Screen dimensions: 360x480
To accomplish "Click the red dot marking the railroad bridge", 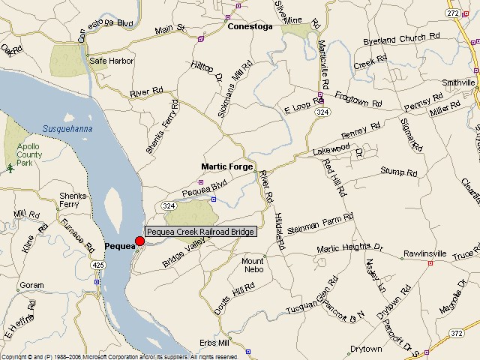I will pos(139,241).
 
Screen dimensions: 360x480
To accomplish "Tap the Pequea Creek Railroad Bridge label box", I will pos(200,232).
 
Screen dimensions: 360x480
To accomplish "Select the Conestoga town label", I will pos(250,26).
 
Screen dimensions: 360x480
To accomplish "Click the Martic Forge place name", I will pos(226,166).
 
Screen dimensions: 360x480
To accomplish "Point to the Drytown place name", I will pos(366,349).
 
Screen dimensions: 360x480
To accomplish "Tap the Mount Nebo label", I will pos(253,265).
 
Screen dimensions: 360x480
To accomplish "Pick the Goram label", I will pos(31,286).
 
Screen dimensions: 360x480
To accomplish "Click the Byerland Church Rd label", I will pos(394,40).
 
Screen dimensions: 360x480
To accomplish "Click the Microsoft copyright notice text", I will pos(120,356).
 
